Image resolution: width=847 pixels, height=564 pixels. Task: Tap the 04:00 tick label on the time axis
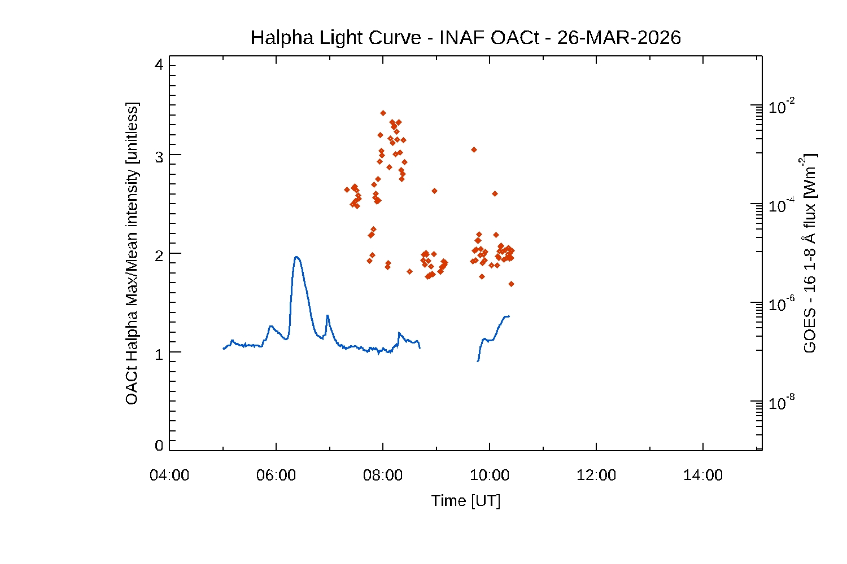(169, 475)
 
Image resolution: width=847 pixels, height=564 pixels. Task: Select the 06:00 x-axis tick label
(276, 475)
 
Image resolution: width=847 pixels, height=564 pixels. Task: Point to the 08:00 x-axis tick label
(383, 475)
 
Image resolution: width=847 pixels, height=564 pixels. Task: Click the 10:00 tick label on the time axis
(490, 475)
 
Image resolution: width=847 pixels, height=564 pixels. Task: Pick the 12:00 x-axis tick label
(596, 475)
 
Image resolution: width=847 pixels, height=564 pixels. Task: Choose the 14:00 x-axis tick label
(703, 475)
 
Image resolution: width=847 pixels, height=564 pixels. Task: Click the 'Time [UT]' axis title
(466, 501)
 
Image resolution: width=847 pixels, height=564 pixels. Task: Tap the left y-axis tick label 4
(159, 65)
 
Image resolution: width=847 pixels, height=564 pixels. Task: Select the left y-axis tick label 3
(159, 157)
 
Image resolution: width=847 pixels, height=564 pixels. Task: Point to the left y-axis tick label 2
(159, 255)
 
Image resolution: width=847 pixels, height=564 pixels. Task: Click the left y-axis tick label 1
(159, 354)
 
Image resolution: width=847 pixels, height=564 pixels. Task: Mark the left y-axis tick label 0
(159, 446)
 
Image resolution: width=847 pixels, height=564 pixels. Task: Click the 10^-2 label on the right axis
(782, 107)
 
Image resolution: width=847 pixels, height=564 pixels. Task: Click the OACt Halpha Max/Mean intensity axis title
(132, 253)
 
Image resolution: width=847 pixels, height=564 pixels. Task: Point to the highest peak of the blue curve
(296, 257)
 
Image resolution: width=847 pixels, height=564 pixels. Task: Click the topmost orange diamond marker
(383, 113)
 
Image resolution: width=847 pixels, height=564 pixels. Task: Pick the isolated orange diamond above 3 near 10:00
(474, 149)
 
